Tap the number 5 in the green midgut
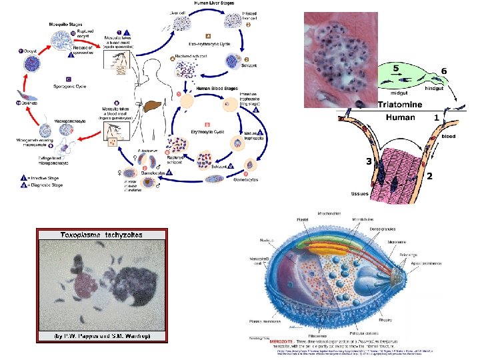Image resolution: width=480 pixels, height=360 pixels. click(x=395, y=69)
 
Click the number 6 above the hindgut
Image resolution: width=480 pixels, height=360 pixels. click(x=443, y=70)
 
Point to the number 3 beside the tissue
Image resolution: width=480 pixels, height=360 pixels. click(x=367, y=161)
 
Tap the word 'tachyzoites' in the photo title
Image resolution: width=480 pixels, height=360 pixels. click(x=127, y=235)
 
